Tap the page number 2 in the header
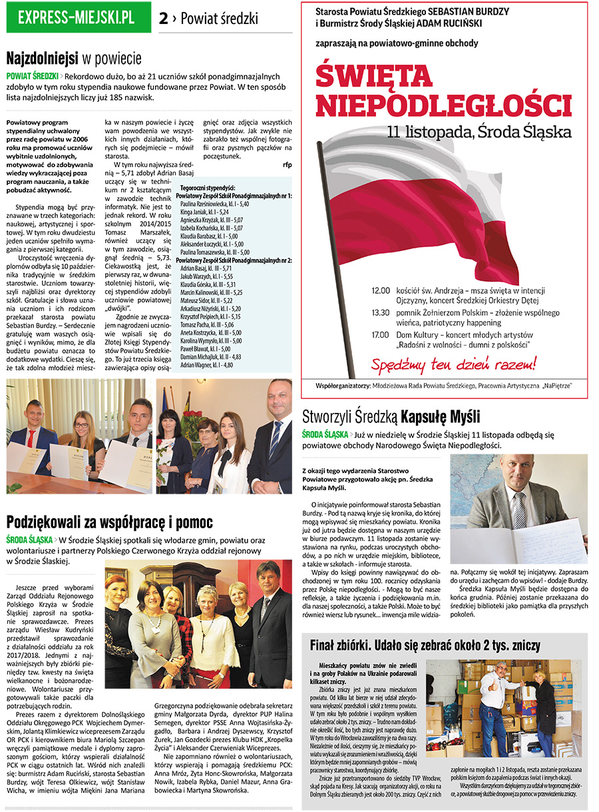click(164, 19)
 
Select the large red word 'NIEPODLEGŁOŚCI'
click(443, 105)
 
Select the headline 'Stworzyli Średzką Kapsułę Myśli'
click(391, 417)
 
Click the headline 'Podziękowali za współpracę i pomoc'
click(110, 521)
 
